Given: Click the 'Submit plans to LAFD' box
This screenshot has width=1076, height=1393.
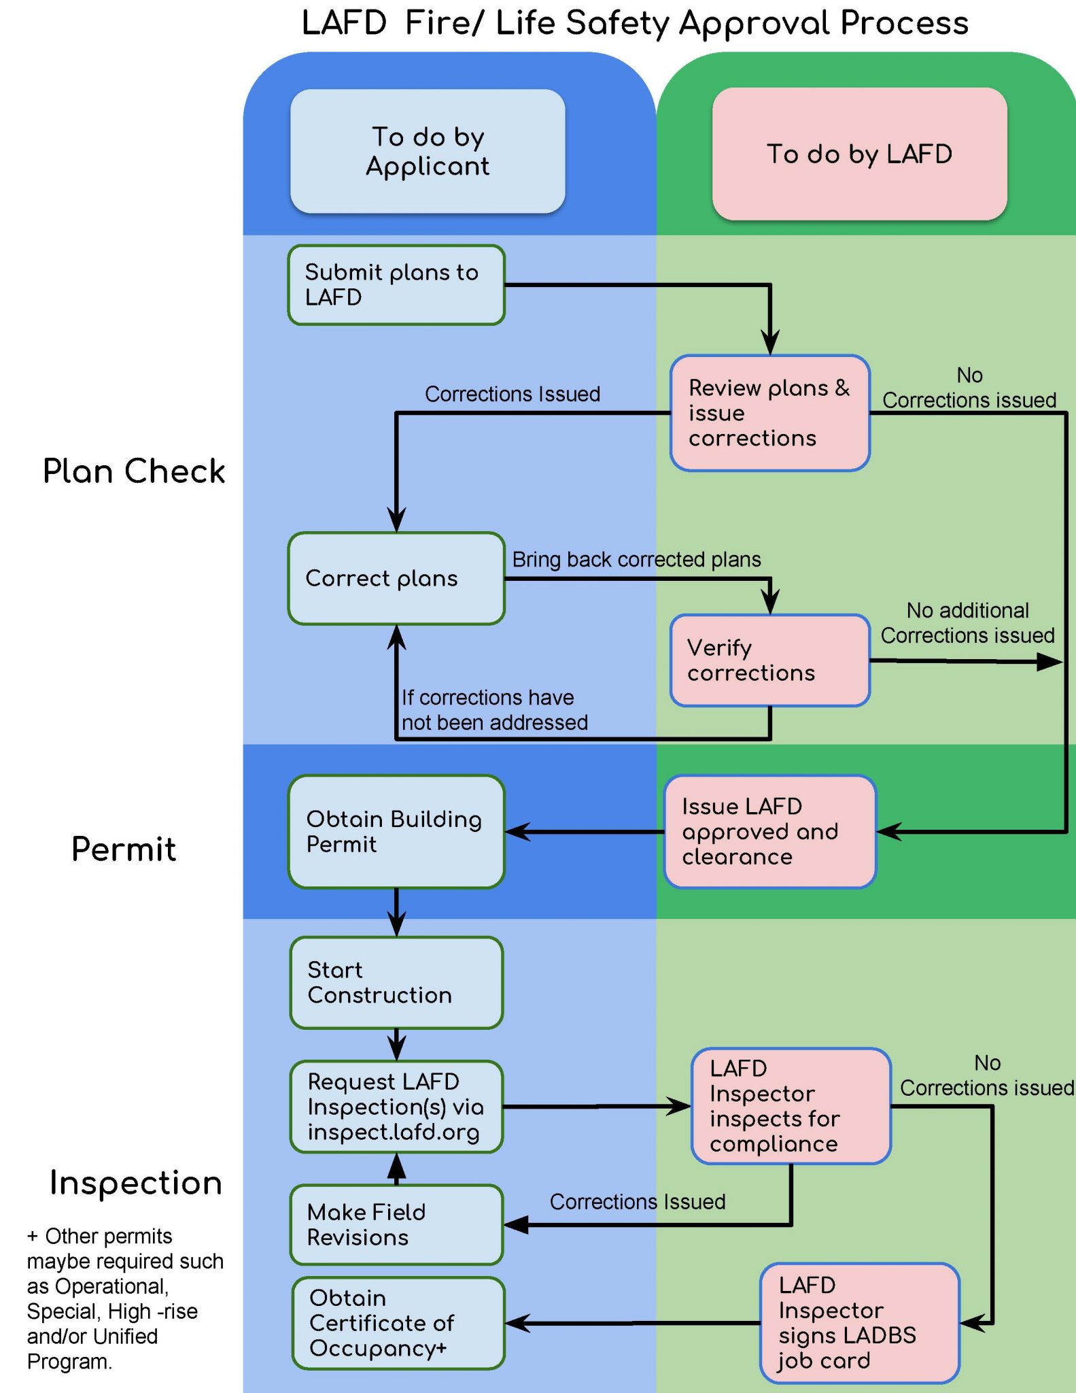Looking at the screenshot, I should pyautogui.click(x=396, y=285).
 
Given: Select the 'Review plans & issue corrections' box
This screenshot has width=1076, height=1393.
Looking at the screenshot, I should pyautogui.click(x=769, y=413).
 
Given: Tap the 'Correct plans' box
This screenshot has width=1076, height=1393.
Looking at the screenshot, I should pyautogui.click(x=396, y=579).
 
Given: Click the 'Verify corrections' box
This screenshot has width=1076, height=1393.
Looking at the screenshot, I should pyautogui.click(x=769, y=660).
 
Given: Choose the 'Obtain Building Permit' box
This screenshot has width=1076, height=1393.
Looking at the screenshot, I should pyautogui.click(x=396, y=831).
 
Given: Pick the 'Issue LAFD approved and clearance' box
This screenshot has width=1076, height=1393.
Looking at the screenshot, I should pyautogui.click(x=769, y=831).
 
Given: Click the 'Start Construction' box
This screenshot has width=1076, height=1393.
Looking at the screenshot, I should pyautogui.click(x=396, y=983).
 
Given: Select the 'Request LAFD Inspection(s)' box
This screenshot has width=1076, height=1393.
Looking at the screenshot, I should pyautogui.click(x=396, y=1107).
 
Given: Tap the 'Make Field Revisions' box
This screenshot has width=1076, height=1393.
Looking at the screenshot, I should pyautogui.click(x=396, y=1225).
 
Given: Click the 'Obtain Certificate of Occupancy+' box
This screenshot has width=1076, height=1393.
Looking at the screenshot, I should pyautogui.click(x=398, y=1323).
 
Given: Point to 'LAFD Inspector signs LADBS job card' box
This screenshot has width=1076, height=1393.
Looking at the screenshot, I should pyautogui.click(x=859, y=1323).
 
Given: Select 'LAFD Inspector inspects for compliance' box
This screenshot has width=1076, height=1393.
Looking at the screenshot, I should pyautogui.click(x=791, y=1106).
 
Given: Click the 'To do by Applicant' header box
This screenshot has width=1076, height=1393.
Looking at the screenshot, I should pyautogui.click(x=428, y=152).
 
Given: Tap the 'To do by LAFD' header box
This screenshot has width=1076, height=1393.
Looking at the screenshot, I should pyautogui.click(x=859, y=154).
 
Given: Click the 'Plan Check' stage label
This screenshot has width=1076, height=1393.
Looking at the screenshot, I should pyautogui.click(x=134, y=471).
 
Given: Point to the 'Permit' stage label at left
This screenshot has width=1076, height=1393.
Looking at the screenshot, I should pyautogui.click(x=124, y=849).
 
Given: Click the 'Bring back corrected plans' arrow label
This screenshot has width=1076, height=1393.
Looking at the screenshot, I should pyautogui.click(x=636, y=559).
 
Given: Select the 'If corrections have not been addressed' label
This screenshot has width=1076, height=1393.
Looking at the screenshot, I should pyautogui.click(x=494, y=709).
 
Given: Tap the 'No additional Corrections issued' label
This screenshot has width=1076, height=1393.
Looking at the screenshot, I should pyautogui.click(x=967, y=622).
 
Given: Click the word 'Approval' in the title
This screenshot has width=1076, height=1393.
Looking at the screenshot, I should pyautogui.click(x=755, y=24).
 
